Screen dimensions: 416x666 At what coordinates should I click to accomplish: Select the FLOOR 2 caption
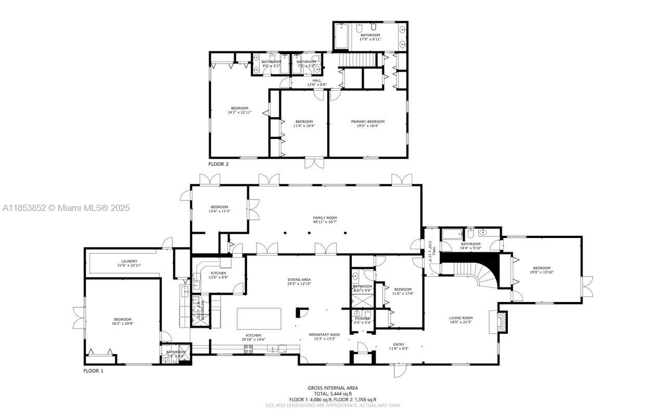[x=219, y=164]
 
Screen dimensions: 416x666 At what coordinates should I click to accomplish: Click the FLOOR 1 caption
[x=94, y=371]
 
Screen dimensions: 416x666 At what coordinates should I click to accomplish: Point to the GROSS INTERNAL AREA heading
[x=332, y=388]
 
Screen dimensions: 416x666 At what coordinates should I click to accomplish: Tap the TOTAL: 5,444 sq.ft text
[x=332, y=394]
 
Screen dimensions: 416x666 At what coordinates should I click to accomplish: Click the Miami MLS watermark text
[x=66, y=208]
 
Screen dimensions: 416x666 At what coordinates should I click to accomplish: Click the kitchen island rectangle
[x=259, y=318]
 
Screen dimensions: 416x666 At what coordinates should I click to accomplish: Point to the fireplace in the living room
[x=500, y=321]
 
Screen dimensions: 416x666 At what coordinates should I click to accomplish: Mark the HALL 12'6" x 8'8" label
[x=316, y=82]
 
